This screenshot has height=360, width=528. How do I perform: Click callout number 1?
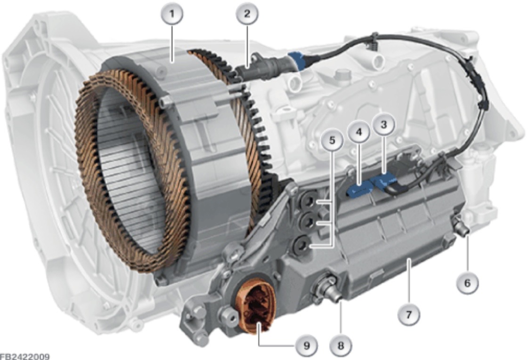pos(172,14)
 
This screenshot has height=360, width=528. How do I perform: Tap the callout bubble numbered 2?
pos(247,14)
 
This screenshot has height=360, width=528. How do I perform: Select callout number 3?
pos(383,125)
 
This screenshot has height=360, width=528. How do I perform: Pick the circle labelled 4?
pos(359,132)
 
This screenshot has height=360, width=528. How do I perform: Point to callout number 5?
pos(332,140)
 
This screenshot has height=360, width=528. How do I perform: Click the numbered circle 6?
pos(467,283)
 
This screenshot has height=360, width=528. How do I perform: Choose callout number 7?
pos(408,315)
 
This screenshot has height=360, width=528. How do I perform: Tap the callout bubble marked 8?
pos(341,345)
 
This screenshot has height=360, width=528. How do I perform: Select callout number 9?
pos(306,345)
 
